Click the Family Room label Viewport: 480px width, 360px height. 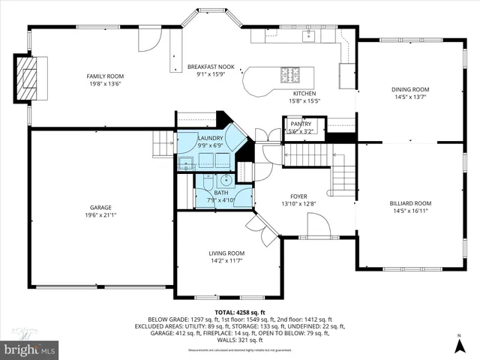104,76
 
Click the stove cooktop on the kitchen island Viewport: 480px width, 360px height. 289,74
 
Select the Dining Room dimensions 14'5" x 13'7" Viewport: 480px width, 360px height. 410,97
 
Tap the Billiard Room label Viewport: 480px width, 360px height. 410,203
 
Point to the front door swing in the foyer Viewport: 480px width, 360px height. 316,223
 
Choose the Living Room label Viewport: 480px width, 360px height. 226,253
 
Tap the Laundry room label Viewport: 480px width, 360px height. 209,139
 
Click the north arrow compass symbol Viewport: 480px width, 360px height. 459,345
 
